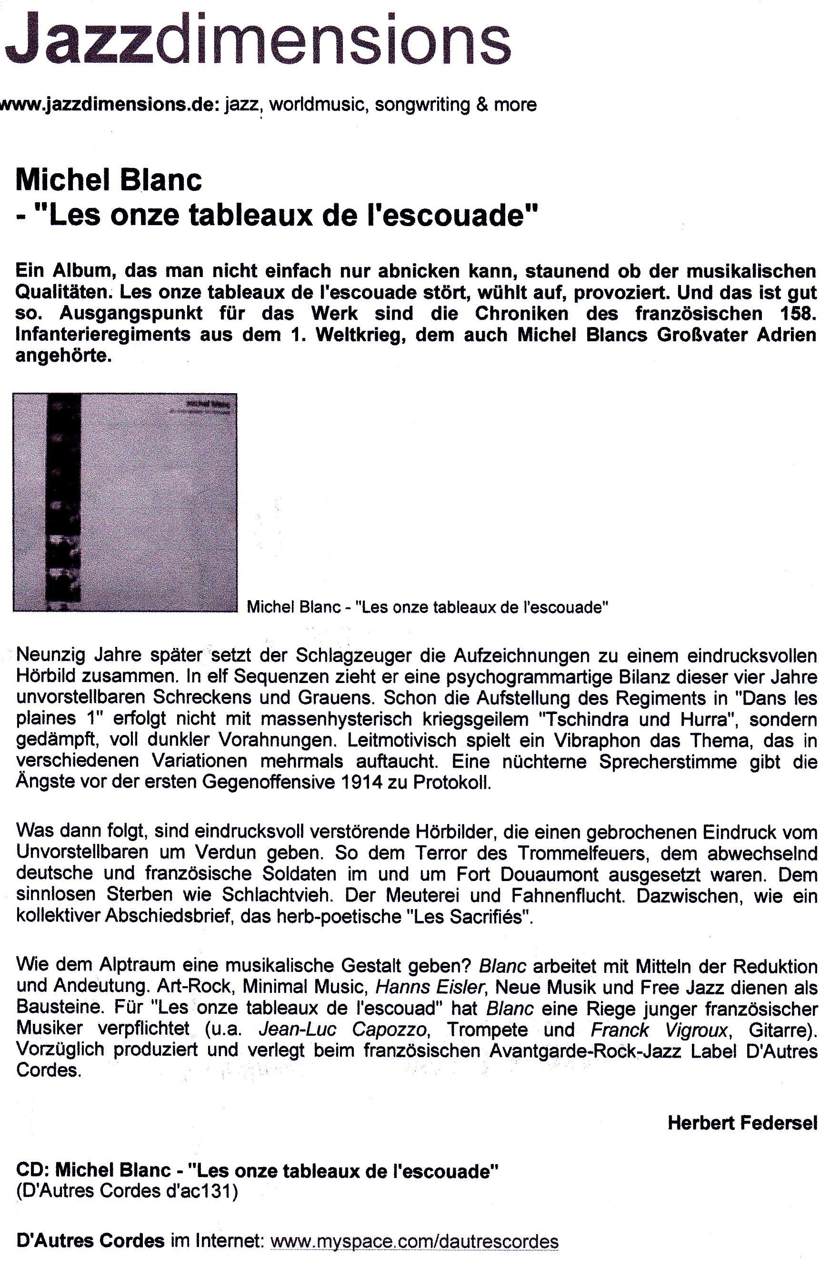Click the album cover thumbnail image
tap(125, 502)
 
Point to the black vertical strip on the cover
tap(64, 502)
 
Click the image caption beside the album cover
tap(427, 607)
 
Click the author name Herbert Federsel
tap(742, 1123)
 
